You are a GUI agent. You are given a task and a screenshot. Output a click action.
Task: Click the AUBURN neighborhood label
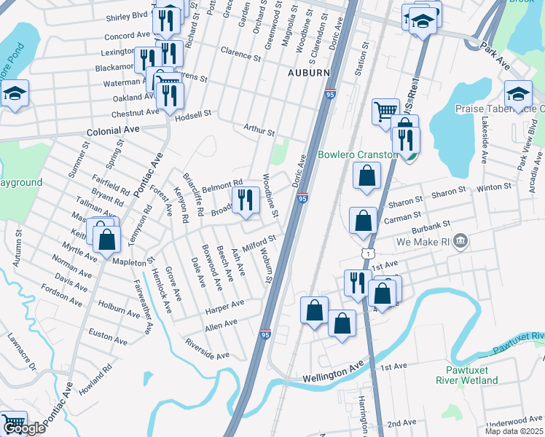pos(309,74)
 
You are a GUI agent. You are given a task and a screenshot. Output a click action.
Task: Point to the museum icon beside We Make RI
pos(460,241)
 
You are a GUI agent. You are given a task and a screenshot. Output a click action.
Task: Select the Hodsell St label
pos(196,114)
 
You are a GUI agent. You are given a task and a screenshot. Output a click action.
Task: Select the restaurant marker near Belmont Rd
pos(246,199)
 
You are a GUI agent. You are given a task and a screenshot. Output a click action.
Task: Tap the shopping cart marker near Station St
pos(385,112)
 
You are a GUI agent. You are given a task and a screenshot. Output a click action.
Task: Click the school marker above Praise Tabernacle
pos(518,93)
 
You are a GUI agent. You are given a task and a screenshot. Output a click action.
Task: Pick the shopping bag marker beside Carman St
pos(363,220)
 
